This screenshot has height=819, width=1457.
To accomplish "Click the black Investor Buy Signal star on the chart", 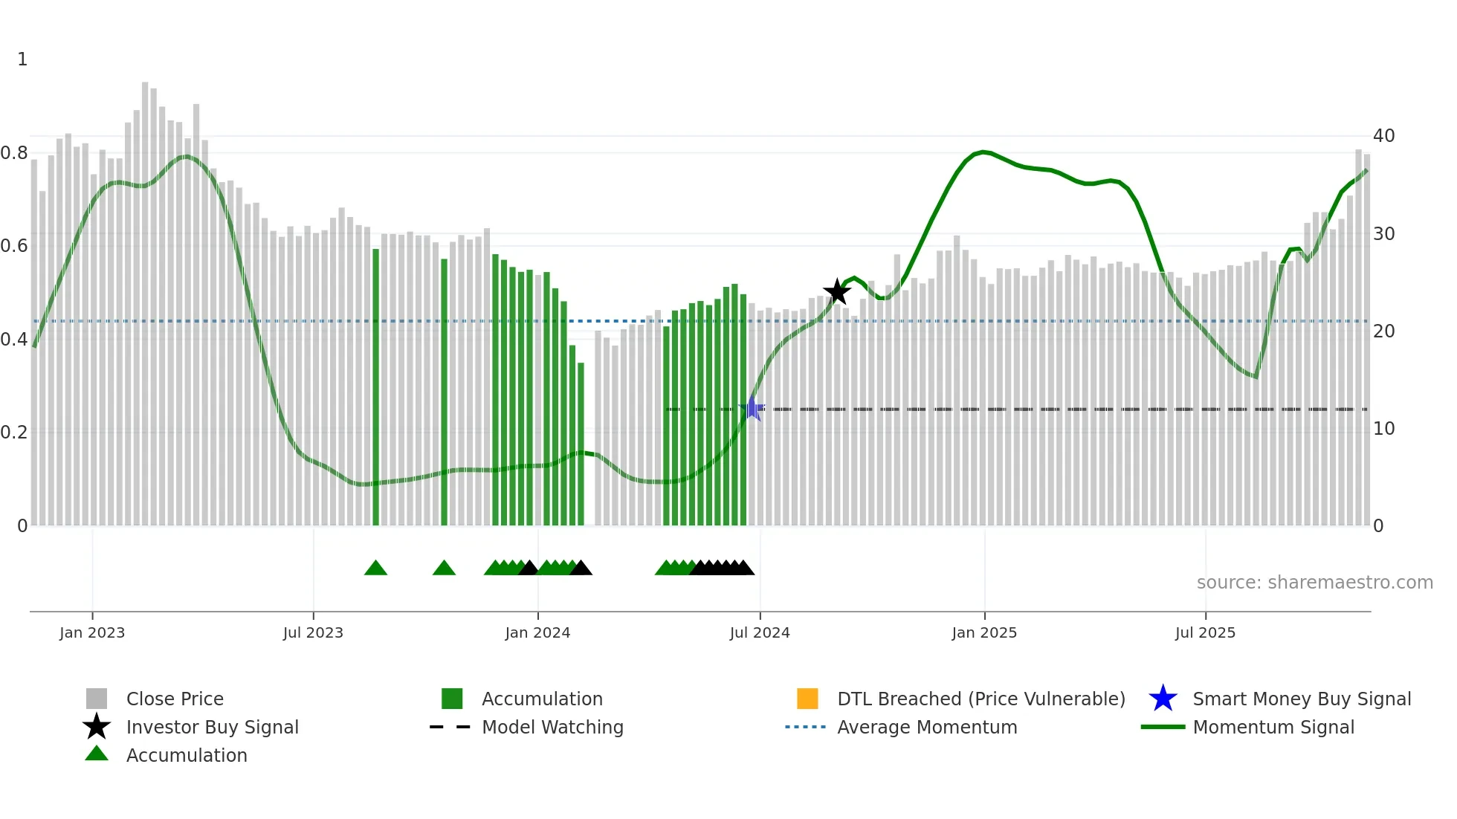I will pos(837,292).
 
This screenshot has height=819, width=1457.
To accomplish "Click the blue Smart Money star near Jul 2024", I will pos(752,409).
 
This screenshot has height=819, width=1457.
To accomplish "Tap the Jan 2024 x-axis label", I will pos(537,633).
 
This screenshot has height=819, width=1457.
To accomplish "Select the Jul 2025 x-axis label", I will pos(1205,633).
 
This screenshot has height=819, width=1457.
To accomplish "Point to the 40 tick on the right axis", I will pos(1383,136).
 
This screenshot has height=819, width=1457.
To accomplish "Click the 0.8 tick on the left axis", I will pos(15,153).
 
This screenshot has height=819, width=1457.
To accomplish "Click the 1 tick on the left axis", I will pos(22,59).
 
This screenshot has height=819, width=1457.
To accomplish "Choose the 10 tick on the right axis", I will pos(1383,429).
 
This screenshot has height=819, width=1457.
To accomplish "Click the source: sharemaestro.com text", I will pos(1314,583).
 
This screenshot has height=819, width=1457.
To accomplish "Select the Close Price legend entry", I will pos(175,699).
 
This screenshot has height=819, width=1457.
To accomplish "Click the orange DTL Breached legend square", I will pos(807,699).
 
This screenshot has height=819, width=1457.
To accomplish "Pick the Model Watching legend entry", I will pos(552,728).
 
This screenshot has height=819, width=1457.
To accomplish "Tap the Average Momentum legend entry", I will pos(926,728).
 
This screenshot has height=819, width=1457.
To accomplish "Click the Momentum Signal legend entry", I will pos(1273,728).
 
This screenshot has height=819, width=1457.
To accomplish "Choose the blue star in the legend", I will pos(1163,699).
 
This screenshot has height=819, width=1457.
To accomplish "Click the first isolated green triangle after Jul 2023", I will pos(375,569).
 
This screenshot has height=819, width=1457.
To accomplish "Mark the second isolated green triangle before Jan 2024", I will pos(444,569).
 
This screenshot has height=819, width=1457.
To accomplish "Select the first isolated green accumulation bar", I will pos(375,386).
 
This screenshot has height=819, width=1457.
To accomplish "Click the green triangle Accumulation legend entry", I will pos(186,756).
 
